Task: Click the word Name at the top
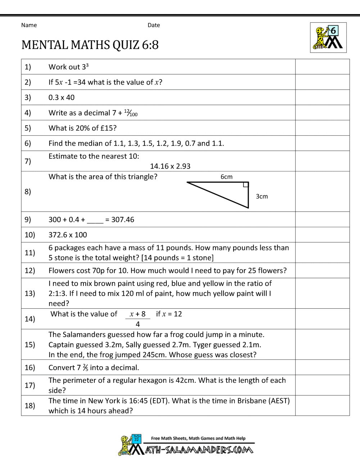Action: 29,25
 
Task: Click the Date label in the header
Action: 154,25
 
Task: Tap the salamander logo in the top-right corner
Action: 328,38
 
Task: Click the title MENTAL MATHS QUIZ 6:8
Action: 90,45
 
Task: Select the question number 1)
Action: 28,67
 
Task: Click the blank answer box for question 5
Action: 322,128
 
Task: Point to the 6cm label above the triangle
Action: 226,177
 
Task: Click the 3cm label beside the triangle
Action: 262,197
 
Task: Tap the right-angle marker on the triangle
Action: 246,185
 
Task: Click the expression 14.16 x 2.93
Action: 170,166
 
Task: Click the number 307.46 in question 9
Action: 123,220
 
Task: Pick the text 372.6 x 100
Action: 68,235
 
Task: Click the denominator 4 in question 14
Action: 138,324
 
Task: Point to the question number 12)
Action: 30,270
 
